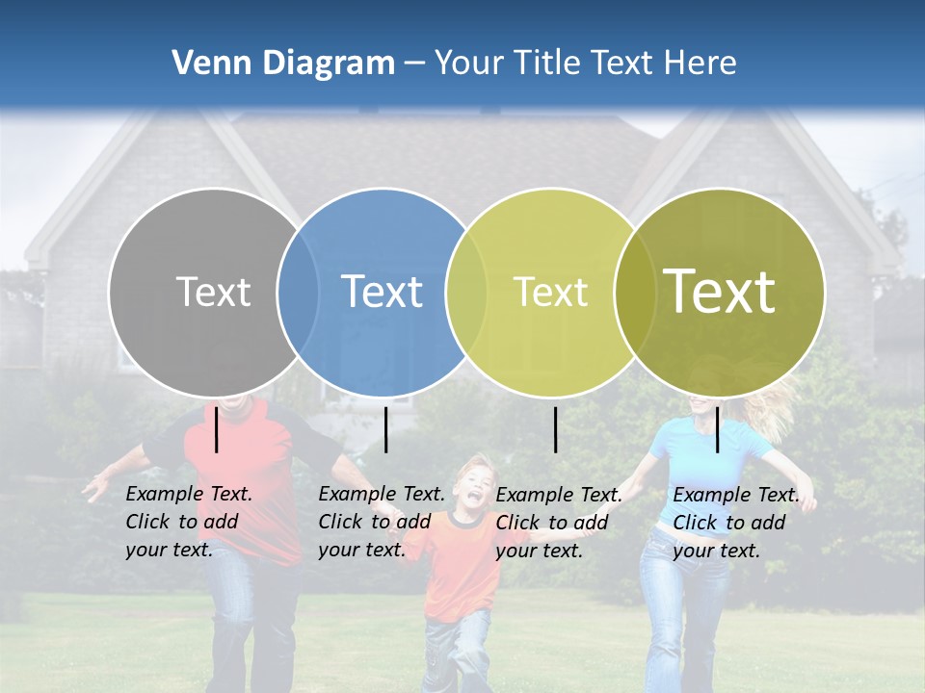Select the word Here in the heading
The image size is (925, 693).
tap(698, 64)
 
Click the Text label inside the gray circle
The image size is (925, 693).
tap(213, 292)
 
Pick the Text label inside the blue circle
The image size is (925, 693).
tap(382, 292)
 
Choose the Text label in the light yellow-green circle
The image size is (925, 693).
tap(550, 292)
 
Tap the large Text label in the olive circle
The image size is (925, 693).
tap(720, 292)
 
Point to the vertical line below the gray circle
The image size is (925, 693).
tap(217, 430)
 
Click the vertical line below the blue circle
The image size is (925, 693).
tap(385, 430)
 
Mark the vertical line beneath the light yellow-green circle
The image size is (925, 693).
tap(555, 430)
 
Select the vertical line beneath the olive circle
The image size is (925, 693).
tap(718, 430)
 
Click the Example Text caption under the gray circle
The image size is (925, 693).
tap(188, 522)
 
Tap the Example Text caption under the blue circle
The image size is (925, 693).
tap(381, 522)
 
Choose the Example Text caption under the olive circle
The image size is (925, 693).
tap(735, 523)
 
